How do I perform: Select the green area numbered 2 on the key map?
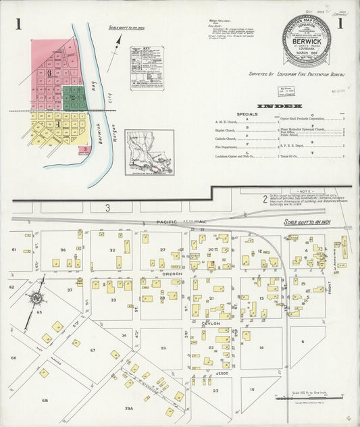(73, 97)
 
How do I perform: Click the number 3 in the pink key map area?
(49, 72)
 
